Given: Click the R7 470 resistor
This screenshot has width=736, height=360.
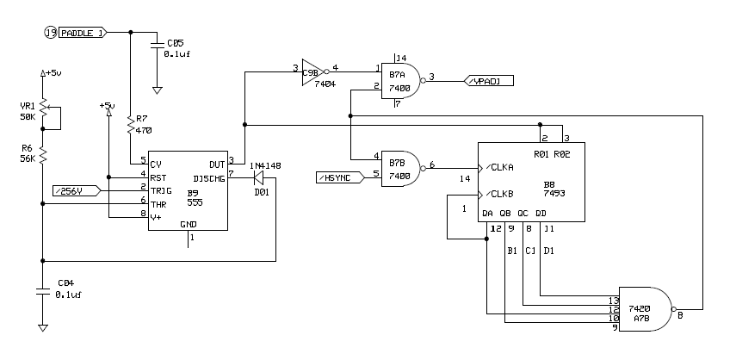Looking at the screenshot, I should [x=130, y=126].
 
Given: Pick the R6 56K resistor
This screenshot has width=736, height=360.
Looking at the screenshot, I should [x=44, y=154].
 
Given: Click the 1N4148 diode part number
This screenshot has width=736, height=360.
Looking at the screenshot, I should [x=265, y=164].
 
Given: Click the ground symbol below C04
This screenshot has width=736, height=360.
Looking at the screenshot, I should [x=44, y=326].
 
